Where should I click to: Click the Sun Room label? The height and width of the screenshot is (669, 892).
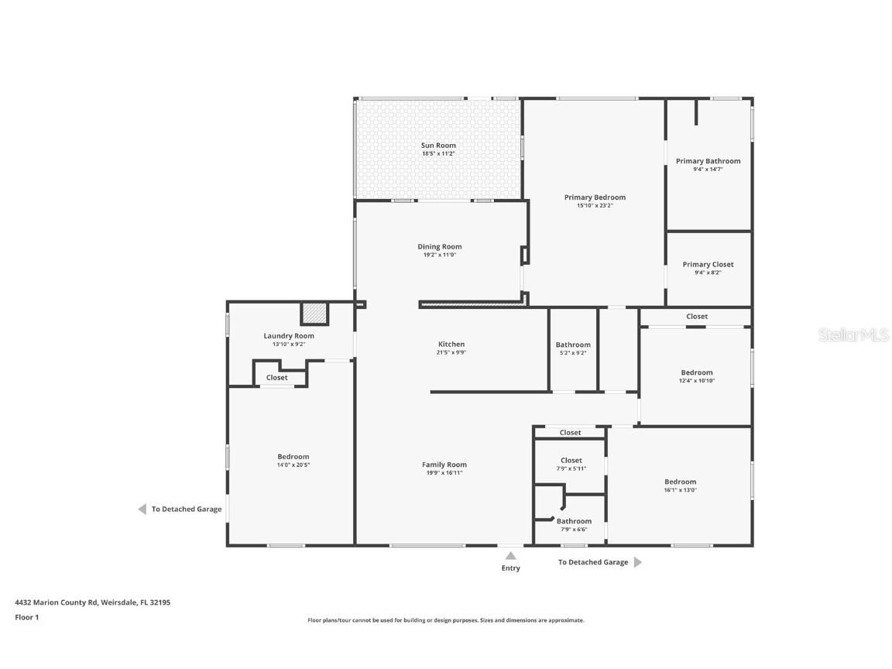coord(438,146)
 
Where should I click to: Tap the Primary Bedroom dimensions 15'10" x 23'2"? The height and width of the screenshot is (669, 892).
coord(595,206)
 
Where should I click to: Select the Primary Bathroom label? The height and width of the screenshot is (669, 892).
coord(708,161)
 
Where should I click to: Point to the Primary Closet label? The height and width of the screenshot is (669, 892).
coord(708,264)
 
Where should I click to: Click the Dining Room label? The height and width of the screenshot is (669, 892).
coord(440,247)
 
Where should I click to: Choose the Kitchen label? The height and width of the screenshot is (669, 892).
coord(451,344)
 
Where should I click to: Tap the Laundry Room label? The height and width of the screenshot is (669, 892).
coord(289,336)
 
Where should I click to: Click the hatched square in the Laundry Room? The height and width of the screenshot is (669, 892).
coord(314,314)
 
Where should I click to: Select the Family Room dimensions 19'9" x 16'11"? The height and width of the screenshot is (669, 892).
coord(444,473)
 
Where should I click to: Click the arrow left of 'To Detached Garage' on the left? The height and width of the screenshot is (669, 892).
coord(142,509)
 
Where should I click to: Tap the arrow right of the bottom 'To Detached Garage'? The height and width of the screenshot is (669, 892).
coord(638,562)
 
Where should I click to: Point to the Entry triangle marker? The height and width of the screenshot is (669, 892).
coord(510,555)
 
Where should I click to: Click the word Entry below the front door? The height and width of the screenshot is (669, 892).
coord(510,568)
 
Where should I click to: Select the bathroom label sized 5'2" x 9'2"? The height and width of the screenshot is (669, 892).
coord(573,345)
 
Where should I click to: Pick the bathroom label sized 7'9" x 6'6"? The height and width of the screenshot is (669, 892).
coord(574,521)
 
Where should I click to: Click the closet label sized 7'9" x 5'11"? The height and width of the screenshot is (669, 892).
coord(571,460)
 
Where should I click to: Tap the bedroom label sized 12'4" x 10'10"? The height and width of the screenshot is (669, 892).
coord(697,372)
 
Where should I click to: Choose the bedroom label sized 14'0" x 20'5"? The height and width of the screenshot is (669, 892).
coord(293,457)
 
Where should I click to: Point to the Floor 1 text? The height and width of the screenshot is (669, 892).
coord(26,617)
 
